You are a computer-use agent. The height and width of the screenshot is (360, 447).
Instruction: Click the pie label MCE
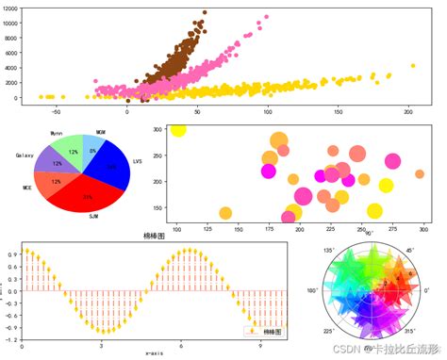[27, 188]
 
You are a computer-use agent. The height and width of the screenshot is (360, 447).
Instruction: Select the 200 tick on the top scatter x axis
[407, 111]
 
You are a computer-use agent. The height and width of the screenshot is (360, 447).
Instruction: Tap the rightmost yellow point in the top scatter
[412, 66]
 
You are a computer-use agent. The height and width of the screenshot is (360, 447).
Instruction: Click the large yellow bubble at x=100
[178, 128]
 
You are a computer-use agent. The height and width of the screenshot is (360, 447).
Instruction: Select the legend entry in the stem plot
[265, 331]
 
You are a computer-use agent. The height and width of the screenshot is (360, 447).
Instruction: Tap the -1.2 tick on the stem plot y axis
[13, 337]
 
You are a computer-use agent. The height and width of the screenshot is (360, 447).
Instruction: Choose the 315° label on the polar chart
[412, 331]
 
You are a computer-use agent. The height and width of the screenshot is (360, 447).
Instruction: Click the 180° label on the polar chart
[312, 290]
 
